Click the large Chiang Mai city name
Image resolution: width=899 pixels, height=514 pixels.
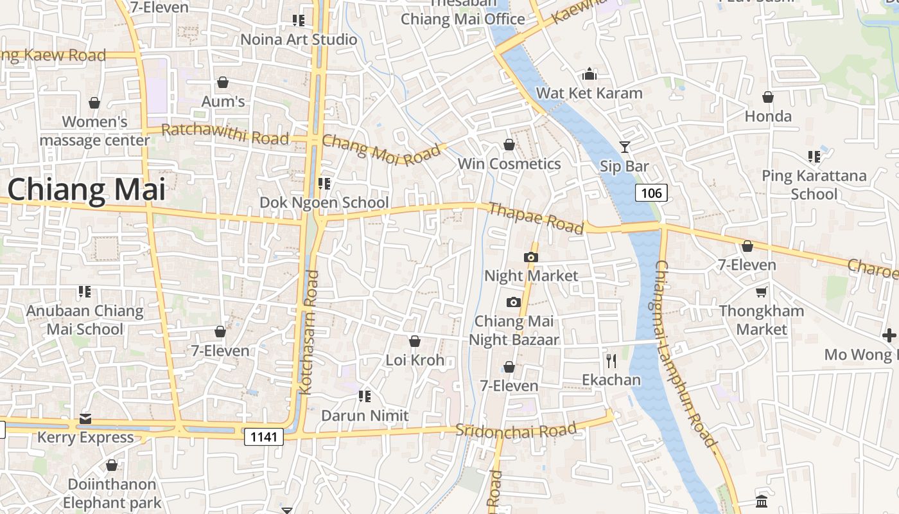[86, 190]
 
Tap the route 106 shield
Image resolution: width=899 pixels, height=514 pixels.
[651, 193]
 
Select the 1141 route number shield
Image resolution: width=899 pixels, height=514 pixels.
[264, 438]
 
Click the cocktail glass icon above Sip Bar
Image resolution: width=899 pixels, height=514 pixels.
[624, 147]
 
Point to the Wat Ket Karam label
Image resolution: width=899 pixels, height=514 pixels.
[589, 93]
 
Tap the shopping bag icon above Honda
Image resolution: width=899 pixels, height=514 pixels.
[768, 98]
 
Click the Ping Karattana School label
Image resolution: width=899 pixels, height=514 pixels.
[814, 184]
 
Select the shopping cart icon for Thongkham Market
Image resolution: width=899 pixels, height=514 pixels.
[761, 292]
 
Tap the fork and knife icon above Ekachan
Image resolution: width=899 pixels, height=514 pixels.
[611, 361]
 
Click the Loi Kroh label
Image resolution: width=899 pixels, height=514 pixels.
[415, 360]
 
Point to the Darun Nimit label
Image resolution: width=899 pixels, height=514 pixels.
[365, 416]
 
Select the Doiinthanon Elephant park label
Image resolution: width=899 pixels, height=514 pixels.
[112, 493]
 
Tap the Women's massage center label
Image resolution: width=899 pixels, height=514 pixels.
[95, 130]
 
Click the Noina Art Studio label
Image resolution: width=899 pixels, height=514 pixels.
[299, 39]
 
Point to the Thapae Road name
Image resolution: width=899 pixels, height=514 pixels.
[536, 218]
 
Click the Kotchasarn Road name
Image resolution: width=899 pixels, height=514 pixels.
[308, 332]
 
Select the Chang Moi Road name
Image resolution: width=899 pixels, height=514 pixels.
[381, 149]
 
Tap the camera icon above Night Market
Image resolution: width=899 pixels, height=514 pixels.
[530, 258]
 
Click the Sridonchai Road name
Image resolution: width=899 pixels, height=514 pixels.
[516, 430]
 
